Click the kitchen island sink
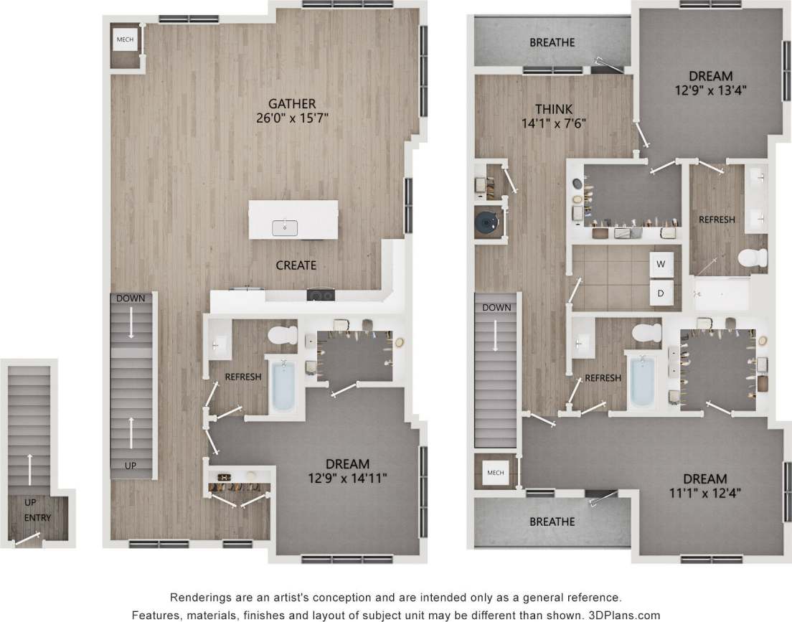coord(285,228)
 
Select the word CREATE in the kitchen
coord(296,265)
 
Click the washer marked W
coord(661,263)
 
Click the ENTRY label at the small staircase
coord(37,517)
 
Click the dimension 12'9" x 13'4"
coord(710,90)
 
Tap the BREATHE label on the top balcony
coord(552,43)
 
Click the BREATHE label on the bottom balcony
coord(552,521)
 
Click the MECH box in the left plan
coord(124,39)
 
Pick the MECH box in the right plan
coord(495,473)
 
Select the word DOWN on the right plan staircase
coord(496,307)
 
